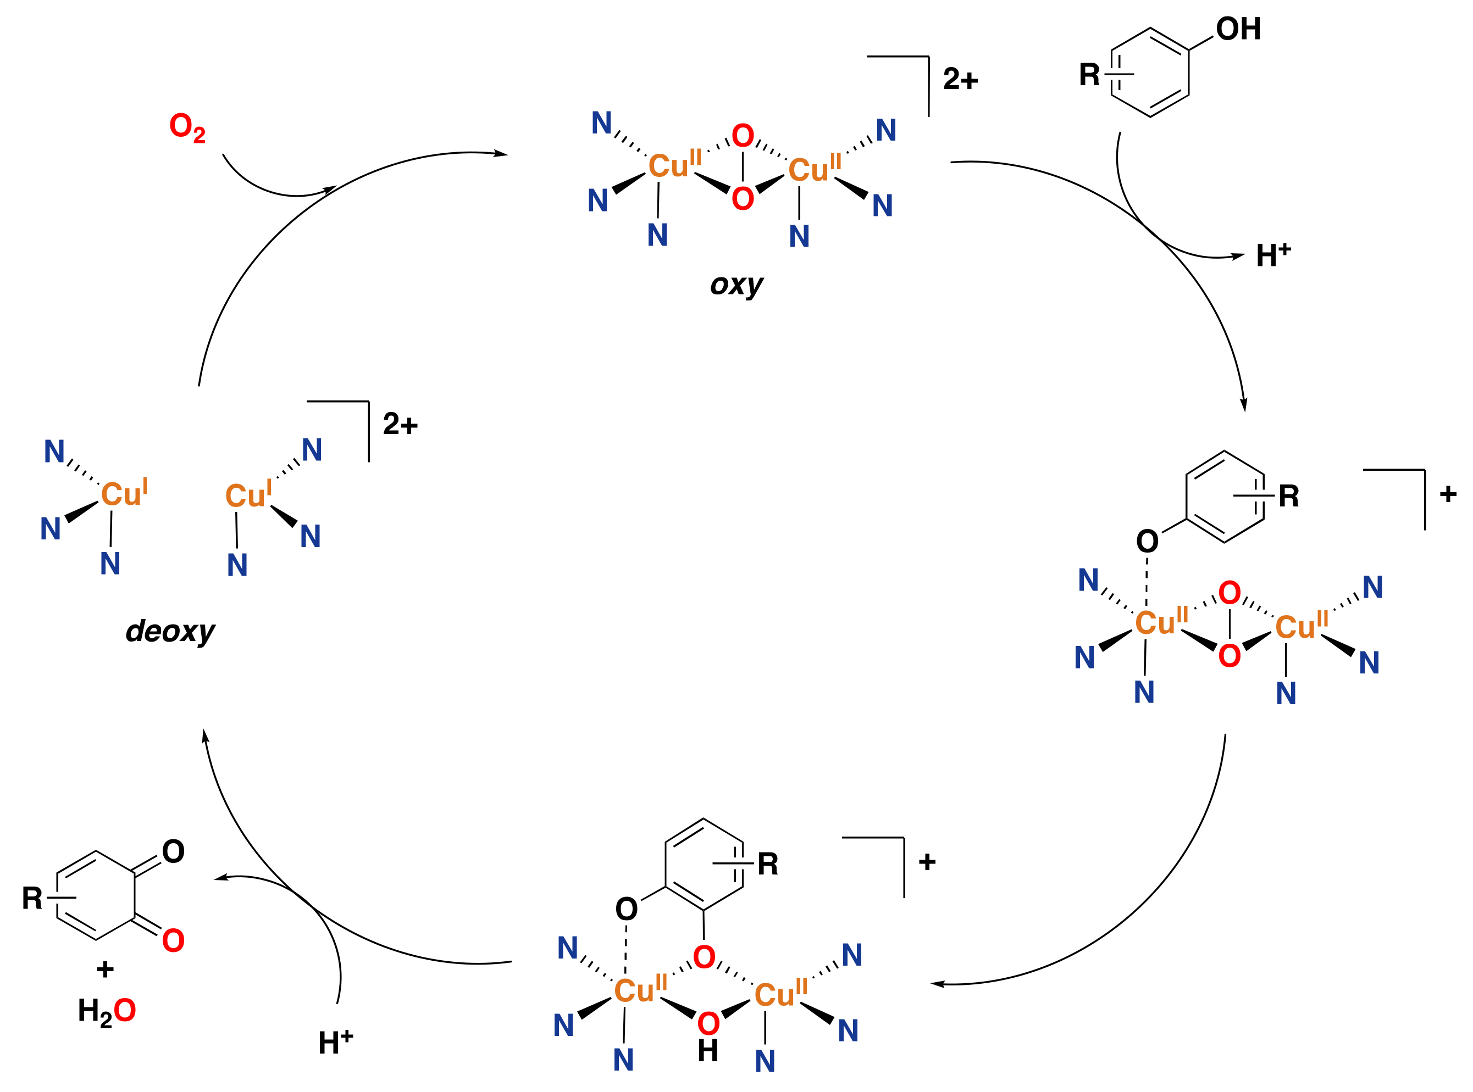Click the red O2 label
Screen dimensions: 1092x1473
[187, 127]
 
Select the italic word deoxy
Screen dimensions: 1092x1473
[170, 631]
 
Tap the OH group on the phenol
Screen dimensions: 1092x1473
[1238, 29]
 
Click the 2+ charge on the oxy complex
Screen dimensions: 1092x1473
[960, 79]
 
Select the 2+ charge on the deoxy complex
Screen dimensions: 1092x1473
[400, 424]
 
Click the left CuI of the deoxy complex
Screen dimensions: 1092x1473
[124, 493]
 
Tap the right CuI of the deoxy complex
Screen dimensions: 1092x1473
[248, 494]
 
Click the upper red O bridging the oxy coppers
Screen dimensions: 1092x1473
[743, 136]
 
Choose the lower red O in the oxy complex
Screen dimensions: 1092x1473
[743, 198]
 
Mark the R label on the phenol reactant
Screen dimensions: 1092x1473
[1089, 75]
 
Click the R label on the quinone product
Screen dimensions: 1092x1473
[32, 898]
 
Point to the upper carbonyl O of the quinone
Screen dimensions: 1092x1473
[173, 851]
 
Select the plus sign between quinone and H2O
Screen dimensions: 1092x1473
[105, 970]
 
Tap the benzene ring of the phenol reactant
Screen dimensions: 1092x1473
[1150, 73]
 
